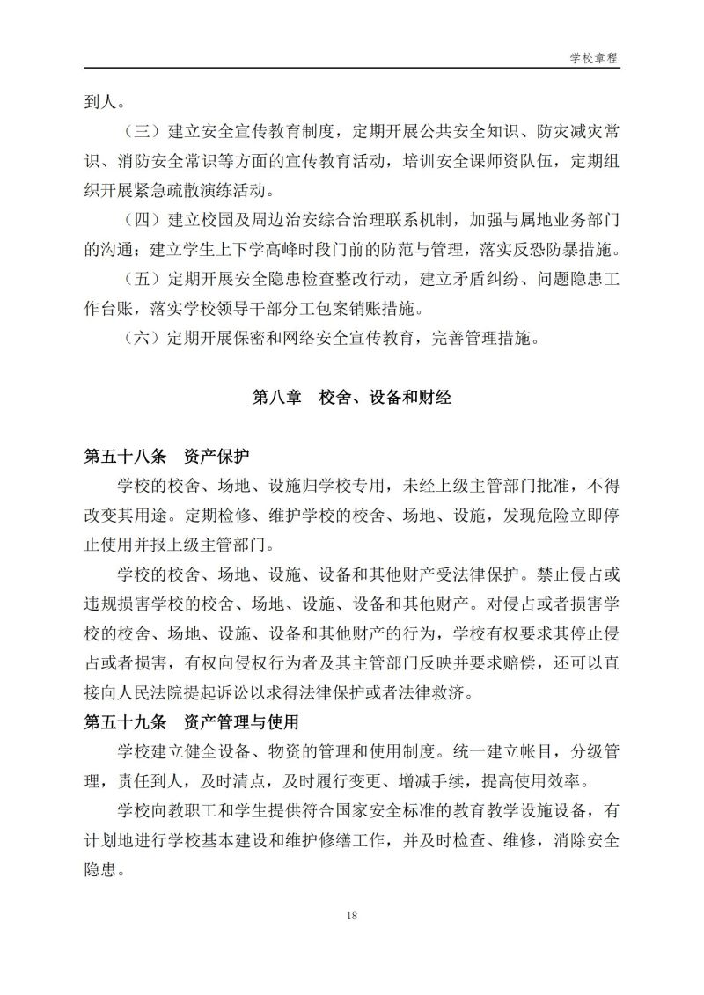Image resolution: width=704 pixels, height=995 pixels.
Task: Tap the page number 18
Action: tap(351, 916)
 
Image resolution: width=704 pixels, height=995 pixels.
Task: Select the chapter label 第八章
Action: tap(273, 398)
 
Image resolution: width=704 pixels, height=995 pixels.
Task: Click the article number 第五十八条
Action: tap(123, 457)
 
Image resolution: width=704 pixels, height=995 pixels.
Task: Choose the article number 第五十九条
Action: tap(123, 723)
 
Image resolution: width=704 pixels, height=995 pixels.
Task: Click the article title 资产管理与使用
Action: tap(243, 723)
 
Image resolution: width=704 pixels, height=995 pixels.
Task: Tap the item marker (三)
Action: tap(140, 132)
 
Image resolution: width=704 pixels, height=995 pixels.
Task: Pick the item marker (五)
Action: tap(140, 280)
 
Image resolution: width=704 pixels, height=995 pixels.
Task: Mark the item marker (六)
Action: tap(140, 339)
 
